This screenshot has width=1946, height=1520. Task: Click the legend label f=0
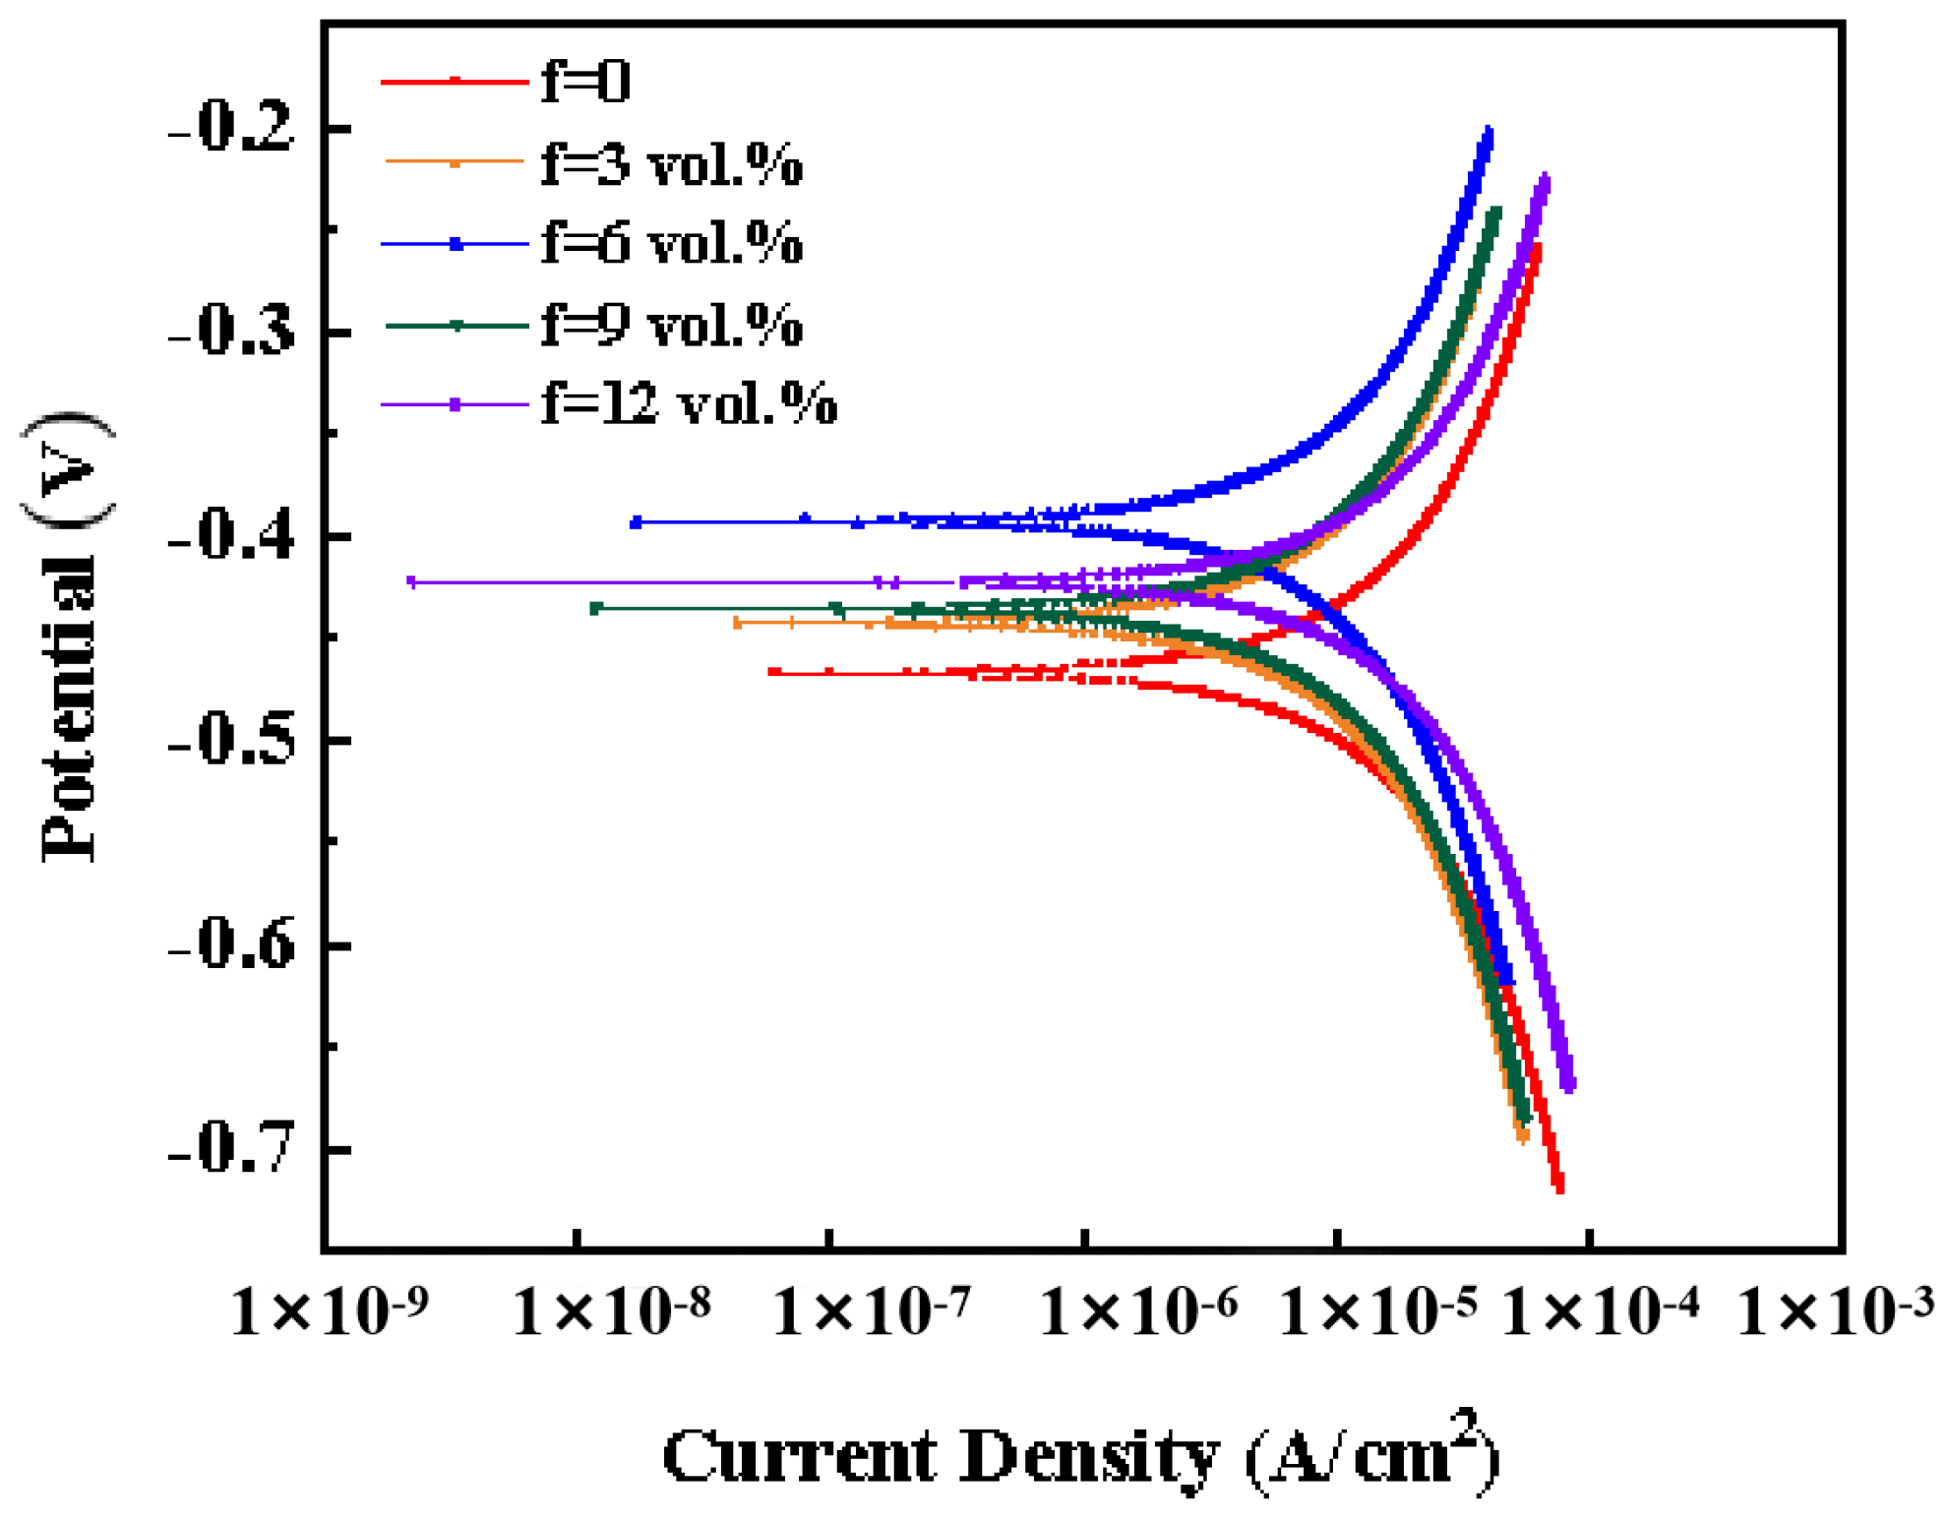pyautogui.click(x=585, y=81)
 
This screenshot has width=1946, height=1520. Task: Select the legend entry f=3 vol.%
pyautogui.click(x=672, y=163)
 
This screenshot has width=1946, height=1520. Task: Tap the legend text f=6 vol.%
pyautogui.click(x=672, y=243)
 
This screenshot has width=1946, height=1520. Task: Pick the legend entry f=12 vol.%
pyautogui.click(x=689, y=404)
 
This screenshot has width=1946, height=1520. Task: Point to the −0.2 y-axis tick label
pyautogui.click(x=232, y=129)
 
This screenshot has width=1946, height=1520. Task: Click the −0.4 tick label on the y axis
pyautogui.click(x=232, y=537)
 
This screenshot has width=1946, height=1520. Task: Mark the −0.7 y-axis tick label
pyautogui.click(x=232, y=1149)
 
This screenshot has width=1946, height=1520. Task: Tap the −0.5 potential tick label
pyautogui.click(x=232, y=742)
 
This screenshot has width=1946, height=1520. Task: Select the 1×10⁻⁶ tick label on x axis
pyautogui.click(x=1139, y=1311)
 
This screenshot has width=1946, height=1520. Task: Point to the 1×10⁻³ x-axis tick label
pyautogui.click(x=1836, y=1311)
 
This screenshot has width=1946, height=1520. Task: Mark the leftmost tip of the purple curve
pyautogui.click(x=411, y=582)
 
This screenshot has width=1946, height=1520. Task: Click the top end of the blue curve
pyautogui.click(x=1489, y=131)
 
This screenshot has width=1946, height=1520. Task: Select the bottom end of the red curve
pyautogui.click(x=1558, y=1189)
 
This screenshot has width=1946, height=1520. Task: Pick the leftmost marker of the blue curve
pyautogui.click(x=636, y=522)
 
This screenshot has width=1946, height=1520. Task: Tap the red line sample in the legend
pyautogui.click(x=455, y=81)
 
